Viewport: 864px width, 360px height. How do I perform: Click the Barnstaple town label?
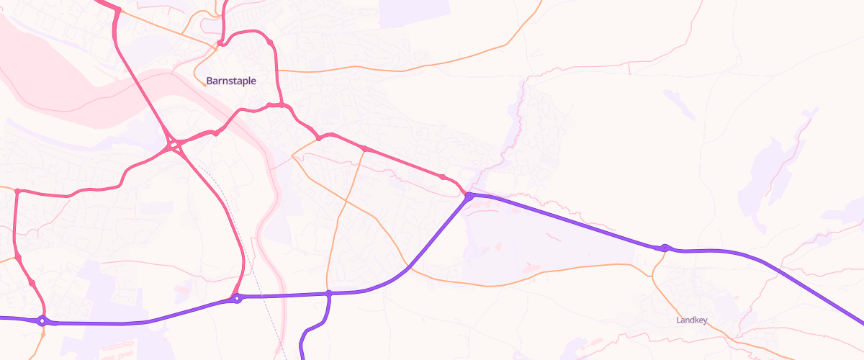pyautogui.click(x=230, y=81)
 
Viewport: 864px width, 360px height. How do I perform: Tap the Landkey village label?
pyautogui.click(x=692, y=320)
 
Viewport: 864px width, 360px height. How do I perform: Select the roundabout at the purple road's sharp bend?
pyautogui.click(x=469, y=196)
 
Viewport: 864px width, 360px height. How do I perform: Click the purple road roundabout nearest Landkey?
pyautogui.click(x=665, y=248)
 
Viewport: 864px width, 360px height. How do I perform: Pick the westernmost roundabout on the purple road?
pyautogui.click(x=42, y=321)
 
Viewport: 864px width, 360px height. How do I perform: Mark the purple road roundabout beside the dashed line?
pyautogui.click(x=237, y=298)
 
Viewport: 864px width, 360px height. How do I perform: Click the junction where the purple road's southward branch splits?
pyautogui.click(x=328, y=294)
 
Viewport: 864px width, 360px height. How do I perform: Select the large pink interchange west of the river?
pyautogui.click(x=174, y=145)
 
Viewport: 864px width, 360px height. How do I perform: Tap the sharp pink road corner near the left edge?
pyautogui.click(x=16, y=191)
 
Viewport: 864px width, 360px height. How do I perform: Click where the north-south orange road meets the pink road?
pyautogui.click(x=364, y=149)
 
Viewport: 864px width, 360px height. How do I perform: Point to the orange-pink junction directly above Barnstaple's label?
pyautogui.click(x=217, y=45)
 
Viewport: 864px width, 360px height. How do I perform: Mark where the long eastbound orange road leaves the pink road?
pyautogui.click(x=279, y=71)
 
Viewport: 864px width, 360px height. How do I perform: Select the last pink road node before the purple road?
pyautogui.click(x=442, y=177)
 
